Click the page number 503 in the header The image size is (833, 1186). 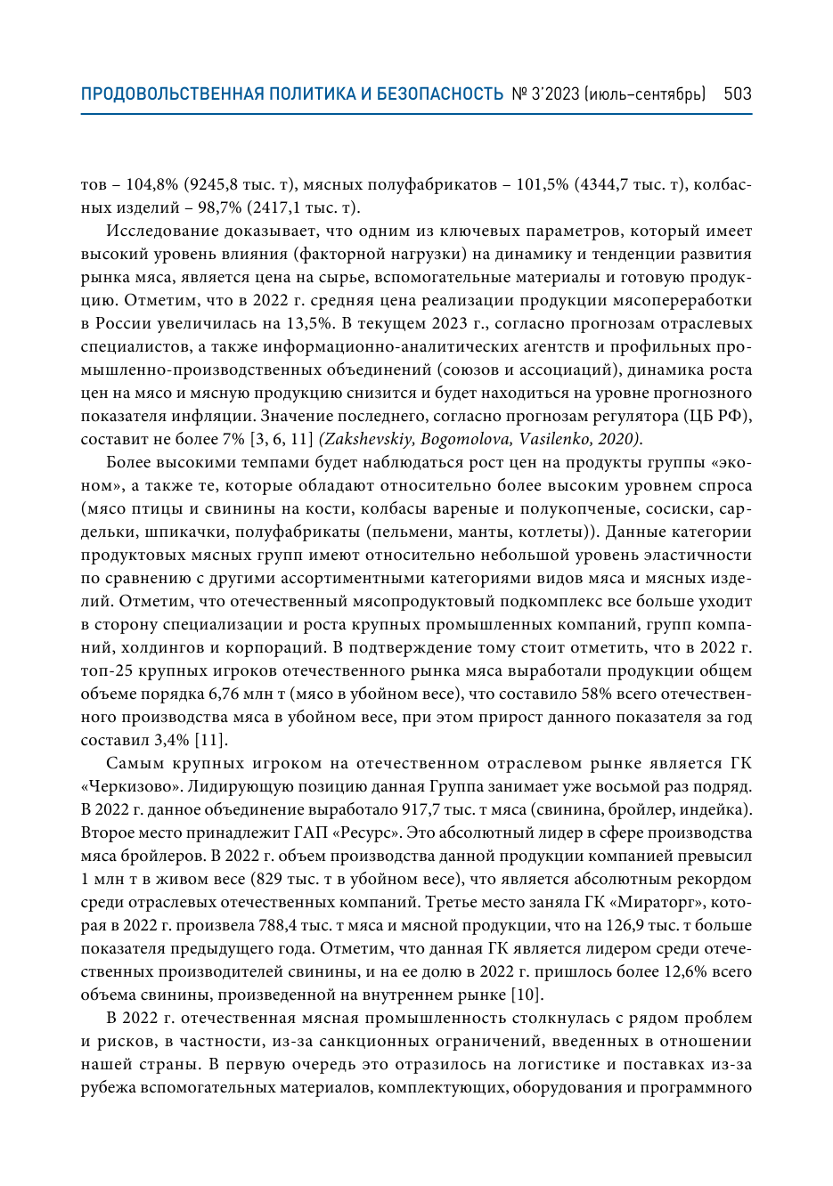738,93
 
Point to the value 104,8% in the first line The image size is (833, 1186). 152,184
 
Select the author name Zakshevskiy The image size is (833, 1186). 366,439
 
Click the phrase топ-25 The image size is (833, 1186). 104,670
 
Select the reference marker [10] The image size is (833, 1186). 527,995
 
